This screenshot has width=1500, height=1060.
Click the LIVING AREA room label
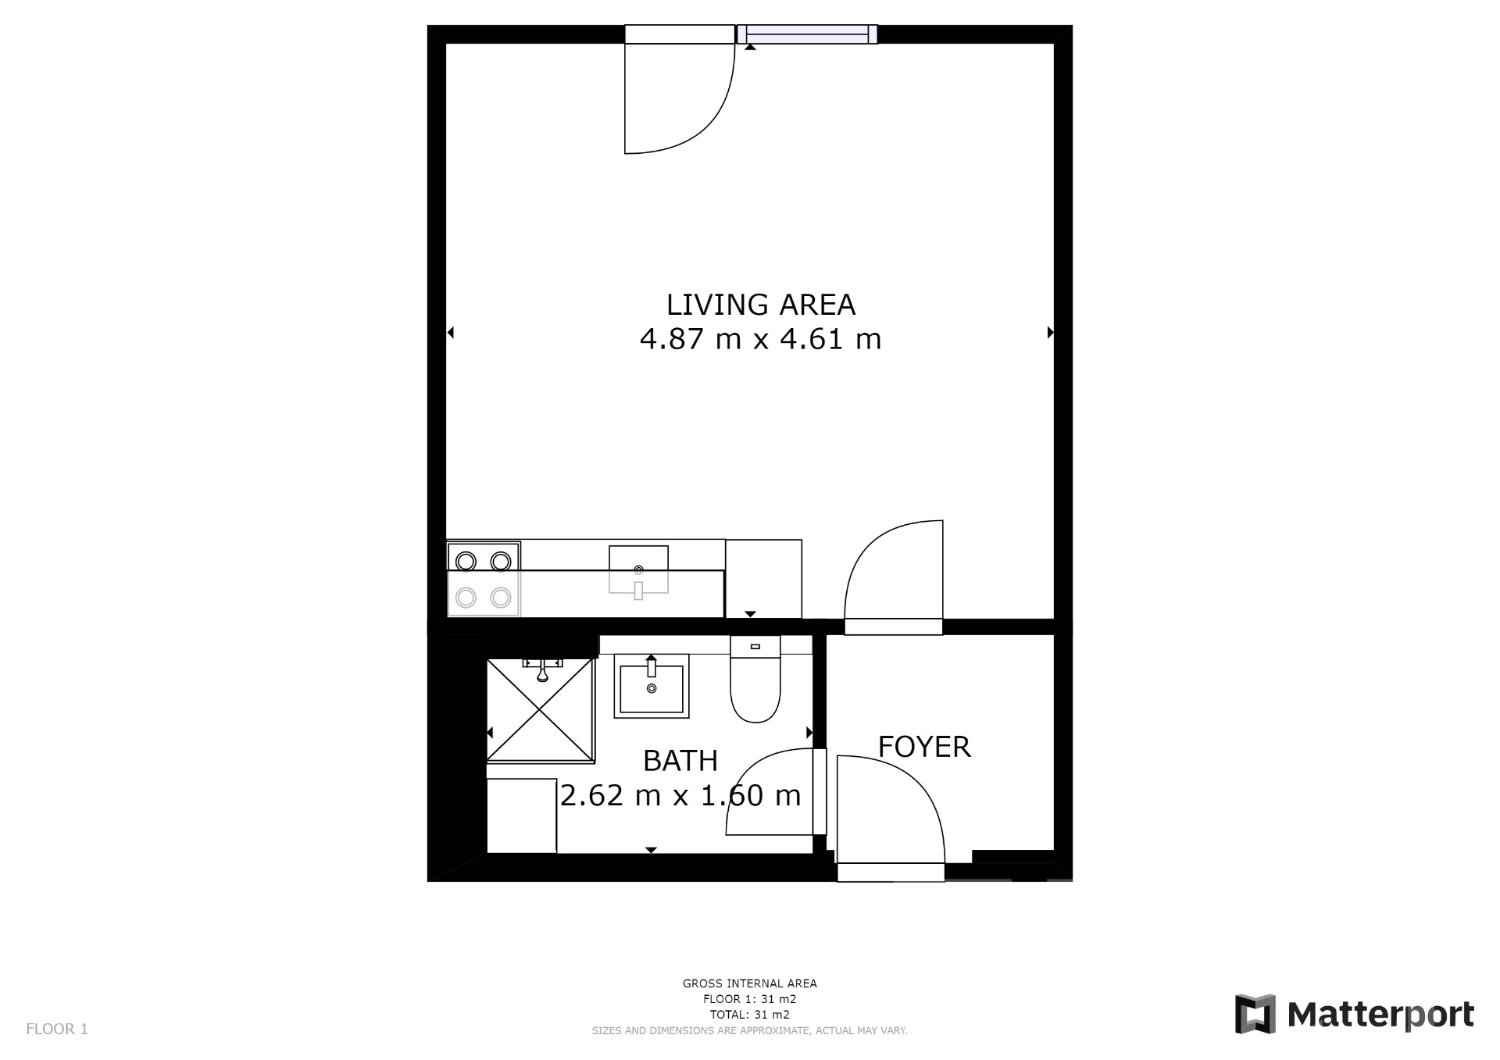point(760,305)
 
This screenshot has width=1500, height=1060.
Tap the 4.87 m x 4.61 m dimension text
point(760,339)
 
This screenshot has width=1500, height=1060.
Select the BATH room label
point(680,760)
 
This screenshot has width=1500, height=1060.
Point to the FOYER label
point(924,747)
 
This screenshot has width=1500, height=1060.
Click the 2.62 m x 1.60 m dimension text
point(680,795)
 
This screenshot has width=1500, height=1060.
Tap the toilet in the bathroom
point(755,678)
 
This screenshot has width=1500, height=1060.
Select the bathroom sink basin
point(652,686)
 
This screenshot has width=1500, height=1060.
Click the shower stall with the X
point(540,709)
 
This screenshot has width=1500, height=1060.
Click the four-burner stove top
point(484,579)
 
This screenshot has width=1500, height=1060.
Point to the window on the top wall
point(808,34)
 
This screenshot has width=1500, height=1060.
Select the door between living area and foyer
point(894,577)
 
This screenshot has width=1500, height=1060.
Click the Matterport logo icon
point(1255,1014)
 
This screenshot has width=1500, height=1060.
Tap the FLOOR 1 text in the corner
point(57,1029)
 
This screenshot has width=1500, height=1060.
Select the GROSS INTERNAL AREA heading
point(750,983)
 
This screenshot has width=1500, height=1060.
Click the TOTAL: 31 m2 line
point(750,1015)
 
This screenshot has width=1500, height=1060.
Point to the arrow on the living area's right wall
point(1050,333)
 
